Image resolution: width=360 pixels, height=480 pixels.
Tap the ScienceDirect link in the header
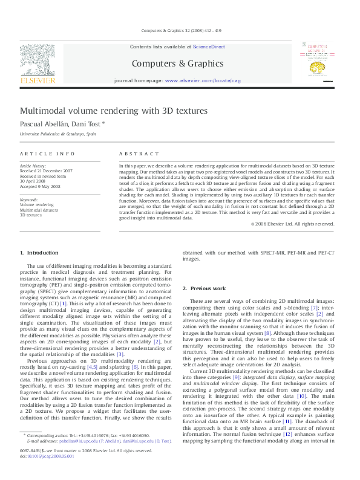pyautogui.click(x=209, y=47)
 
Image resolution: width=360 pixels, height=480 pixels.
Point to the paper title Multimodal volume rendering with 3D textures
pyautogui.click(x=114, y=111)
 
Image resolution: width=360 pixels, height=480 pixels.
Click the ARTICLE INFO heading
pyautogui.click(x=48, y=154)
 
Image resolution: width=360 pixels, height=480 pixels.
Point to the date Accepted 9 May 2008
pyautogui.click(x=40, y=187)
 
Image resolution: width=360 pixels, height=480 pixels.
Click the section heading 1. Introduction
pyautogui.click(x=39, y=252)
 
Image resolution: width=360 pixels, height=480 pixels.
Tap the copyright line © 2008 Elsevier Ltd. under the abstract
pyautogui.click(x=293, y=224)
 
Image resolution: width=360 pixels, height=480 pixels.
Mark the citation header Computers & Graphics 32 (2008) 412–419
pyautogui.click(x=180, y=30)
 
